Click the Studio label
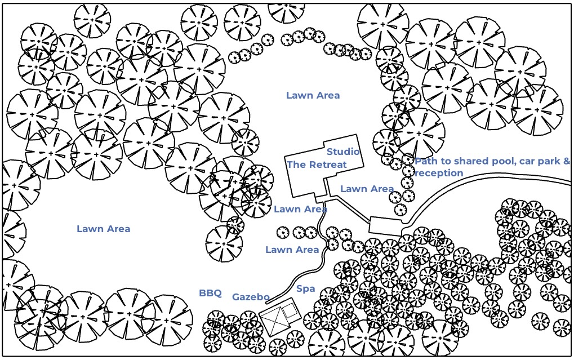(343, 152)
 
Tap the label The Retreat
(317, 165)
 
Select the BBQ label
(210, 294)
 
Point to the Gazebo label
(251, 297)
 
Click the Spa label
(305, 289)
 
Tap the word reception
(439, 173)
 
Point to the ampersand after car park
(566, 162)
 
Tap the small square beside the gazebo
(290, 309)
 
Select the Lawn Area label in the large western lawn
(103, 229)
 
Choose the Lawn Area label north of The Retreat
(313, 95)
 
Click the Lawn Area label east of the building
(367, 189)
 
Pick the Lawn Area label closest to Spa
(292, 250)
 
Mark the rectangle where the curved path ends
(385, 226)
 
